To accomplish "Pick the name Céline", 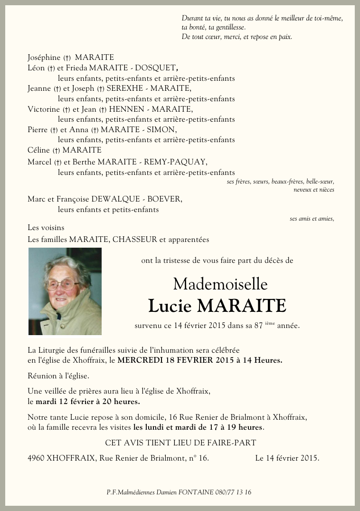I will pos(38,150).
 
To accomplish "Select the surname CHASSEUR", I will pos(135,240).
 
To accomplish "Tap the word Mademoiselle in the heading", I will pos(220,284).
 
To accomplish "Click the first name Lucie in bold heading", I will pos(170,306).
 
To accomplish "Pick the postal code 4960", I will pos(37,458).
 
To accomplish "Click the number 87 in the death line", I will pos(258,326).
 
